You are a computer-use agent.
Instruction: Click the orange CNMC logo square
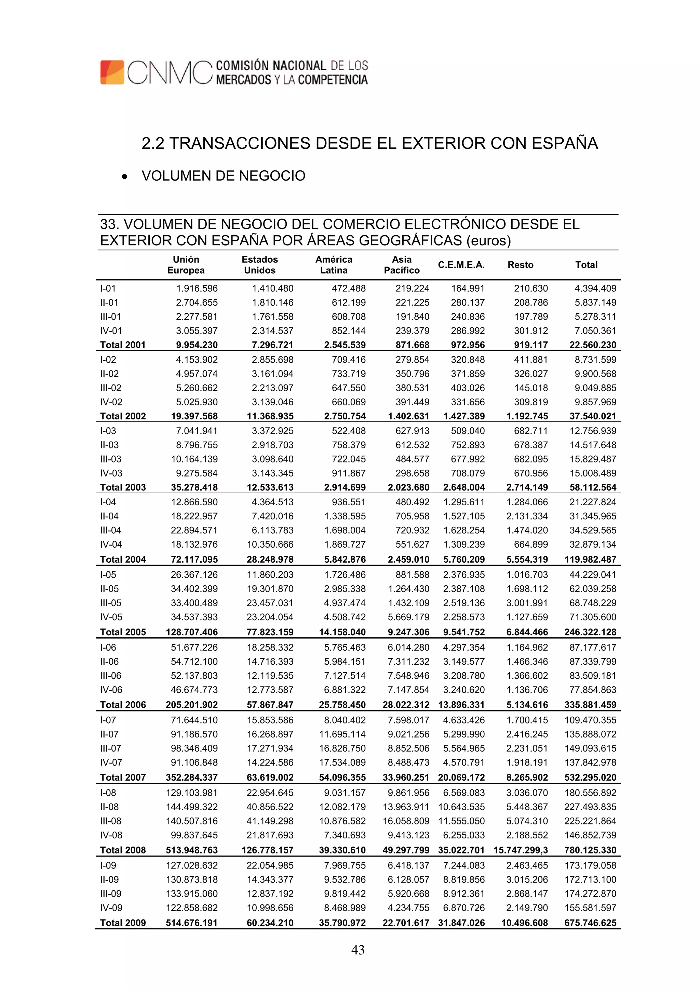(x=112, y=72)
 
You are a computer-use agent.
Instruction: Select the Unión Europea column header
(x=186, y=264)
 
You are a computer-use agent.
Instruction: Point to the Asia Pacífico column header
(x=402, y=264)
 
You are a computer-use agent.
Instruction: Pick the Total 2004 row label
(x=123, y=559)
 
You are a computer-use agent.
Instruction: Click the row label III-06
(x=111, y=676)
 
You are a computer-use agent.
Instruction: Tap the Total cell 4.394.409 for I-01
(x=595, y=288)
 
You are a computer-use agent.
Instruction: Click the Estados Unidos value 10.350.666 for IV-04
(x=270, y=544)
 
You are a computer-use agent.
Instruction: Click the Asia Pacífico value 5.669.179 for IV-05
(x=408, y=617)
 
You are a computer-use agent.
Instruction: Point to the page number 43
(x=358, y=950)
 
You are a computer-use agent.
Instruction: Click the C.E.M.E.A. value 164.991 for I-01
(x=468, y=288)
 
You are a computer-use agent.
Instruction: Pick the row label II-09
(x=110, y=879)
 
